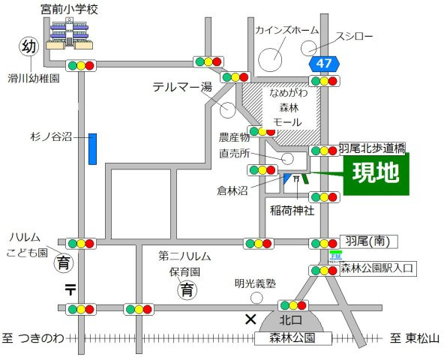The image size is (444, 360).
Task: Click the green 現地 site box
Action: coord(376,174)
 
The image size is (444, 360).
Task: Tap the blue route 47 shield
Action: coord(324,65)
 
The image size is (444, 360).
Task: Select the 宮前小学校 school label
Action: coord(70,10)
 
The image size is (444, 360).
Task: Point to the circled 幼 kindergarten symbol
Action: coord(28,48)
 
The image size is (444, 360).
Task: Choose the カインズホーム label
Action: coord(286,31)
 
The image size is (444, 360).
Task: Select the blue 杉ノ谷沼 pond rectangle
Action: coord(92,148)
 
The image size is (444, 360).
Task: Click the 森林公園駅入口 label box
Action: coord(377,268)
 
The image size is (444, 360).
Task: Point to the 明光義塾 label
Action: coord(255,283)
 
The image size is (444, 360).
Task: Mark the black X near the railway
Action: coord(250,319)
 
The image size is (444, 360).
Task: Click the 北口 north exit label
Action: coord(291,321)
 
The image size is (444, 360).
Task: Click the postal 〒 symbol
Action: coord(70,288)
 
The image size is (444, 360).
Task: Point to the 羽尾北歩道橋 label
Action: coord(372,148)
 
